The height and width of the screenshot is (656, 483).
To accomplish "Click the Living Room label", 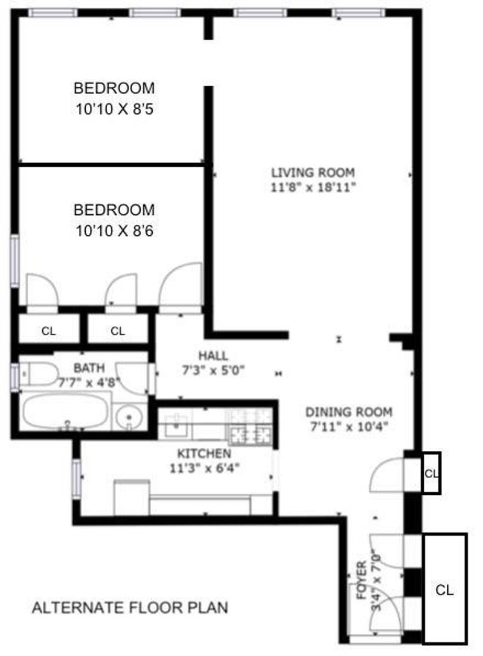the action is tap(313, 173).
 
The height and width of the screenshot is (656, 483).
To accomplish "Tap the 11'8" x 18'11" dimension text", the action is tap(313, 187).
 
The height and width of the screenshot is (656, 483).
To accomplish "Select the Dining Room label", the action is tap(349, 412).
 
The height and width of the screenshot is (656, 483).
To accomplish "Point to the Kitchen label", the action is tap(204, 453).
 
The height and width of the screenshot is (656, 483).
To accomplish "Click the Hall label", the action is tap(213, 356).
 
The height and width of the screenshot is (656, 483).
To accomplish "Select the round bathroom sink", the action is tap(129, 417).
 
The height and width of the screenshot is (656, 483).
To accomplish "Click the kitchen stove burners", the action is tap(250, 426).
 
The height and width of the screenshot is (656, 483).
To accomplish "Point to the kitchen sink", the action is tap(178, 425).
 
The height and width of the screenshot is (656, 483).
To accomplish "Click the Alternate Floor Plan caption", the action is tap(130, 608).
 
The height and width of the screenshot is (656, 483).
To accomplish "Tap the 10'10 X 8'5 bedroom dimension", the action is tap(114, 109).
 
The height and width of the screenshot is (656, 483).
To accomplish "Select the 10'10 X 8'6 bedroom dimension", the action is tap(114, 231).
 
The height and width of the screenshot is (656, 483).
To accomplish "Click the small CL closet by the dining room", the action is tap(430, 473).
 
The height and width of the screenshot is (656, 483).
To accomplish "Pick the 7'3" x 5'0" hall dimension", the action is tap(213, 371).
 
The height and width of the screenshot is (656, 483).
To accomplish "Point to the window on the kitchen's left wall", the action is tap(76, 479).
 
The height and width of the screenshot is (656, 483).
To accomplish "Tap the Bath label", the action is tap(89, 368).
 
